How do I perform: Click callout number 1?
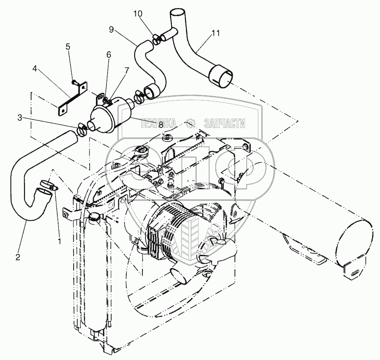pyautogui.click(x=59, y=240)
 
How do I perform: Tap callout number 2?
pyautogui.click(x=18, y=257)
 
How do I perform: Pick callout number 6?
pyautogui.click(x=108, y=55)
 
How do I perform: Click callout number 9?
pyautogui.click(x=111, y=30)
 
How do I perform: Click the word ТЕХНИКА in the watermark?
pyautogui.click(x=158, y=124)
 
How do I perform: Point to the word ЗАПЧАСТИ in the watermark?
pyautogui.click(x=224, y=124)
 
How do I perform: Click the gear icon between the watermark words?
pyautogui.click(x=191, y=124)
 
